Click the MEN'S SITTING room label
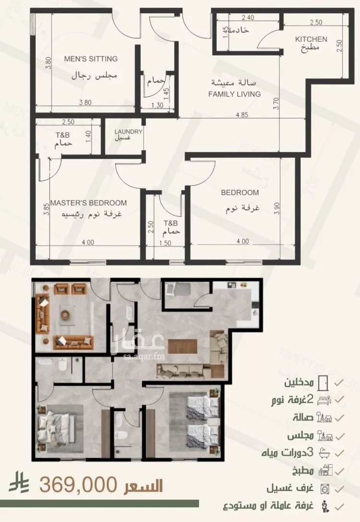pyautogui.click(x=91, y=59)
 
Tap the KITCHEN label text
pyautogui.click(x=311, y=39)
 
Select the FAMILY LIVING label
pyautogui.click(x=234, y=94)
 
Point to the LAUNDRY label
pyautogui.click(x=129, y=131)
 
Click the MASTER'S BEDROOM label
pyautogui.click(x=89, y=203)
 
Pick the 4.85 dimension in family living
pyautogui.click(x=242, y=115)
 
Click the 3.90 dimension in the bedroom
pyautogui.click(x=277, y=208)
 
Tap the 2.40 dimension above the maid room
pyautogui.click(x=248, y=18)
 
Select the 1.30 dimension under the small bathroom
pyautogui.click(x=157, y=105)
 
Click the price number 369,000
pyautogui.click(x=78, y=485)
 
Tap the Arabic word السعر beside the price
pyautogui.click(x=144, y=486)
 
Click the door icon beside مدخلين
pyautogui.click(x=323, y=383)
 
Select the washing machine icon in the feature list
pyautogui.click(x=324, y=489)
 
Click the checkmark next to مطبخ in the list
pyautogui.click(x=339, y=471)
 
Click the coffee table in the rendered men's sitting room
pyautogui.click(x=65, y=314)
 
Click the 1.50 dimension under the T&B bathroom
pyautogui.click(x=165, y=243)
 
